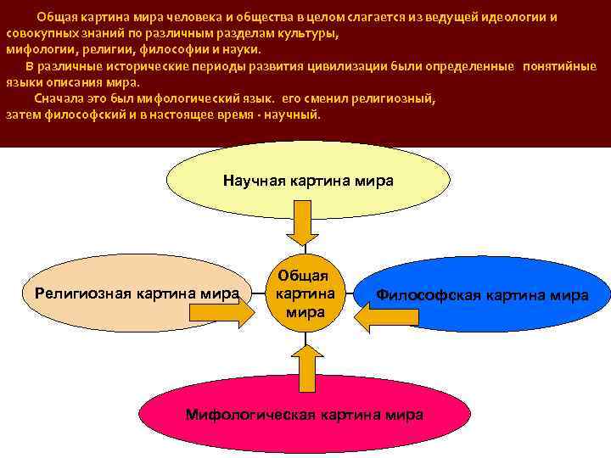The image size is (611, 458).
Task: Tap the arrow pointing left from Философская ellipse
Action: (x=386, y=316)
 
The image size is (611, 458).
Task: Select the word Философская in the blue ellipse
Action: (x=428, y=294)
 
